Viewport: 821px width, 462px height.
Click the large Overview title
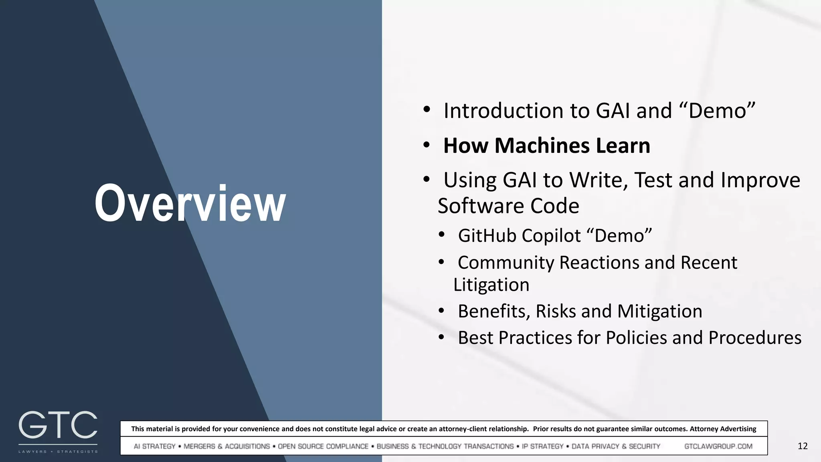coord(190,203)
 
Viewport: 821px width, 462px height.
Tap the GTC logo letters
coord(58,425)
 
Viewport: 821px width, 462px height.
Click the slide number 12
coord(803,446)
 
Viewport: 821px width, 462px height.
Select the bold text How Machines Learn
coord(546,145)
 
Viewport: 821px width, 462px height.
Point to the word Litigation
coord(491,285)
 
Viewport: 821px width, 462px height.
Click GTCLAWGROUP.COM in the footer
coord(718,446)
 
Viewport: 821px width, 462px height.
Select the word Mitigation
coord(659,311)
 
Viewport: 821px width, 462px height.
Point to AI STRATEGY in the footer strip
coord(155,446)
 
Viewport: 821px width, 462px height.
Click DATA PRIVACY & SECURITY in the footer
coord(616,446)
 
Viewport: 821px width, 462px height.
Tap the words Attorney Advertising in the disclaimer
coord(723,429)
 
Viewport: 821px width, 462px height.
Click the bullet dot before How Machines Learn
coord(427,144)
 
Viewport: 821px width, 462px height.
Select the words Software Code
coord(508,206)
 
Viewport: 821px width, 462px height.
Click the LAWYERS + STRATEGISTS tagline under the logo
coord(58,452)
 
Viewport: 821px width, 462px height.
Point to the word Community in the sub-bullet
coord(506,263)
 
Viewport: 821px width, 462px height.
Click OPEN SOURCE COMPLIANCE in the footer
coord(323,446)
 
